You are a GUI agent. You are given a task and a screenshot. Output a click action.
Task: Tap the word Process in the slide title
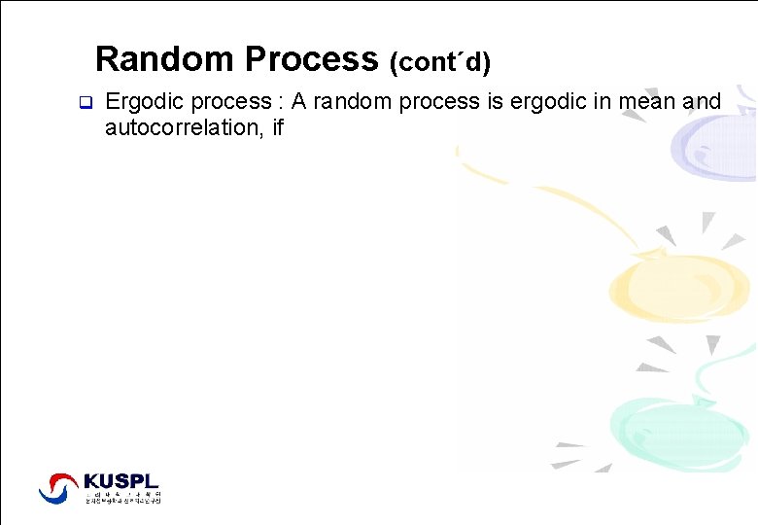click(311, 59)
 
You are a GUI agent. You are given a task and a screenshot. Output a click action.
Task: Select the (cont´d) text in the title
click(439, 63)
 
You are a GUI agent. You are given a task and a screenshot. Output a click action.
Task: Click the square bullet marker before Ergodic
click(84, 102)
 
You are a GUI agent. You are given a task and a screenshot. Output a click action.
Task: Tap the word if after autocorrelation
click(277, 127)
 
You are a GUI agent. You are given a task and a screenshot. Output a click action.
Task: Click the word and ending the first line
click(702, 102)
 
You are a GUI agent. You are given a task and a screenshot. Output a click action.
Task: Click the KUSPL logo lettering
click(121, 480)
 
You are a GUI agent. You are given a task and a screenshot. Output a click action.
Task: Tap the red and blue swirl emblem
click(58, 488)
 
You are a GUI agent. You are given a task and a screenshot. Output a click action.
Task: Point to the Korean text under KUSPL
click(121, 497)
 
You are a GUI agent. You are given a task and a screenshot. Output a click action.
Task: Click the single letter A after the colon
click(314, 102)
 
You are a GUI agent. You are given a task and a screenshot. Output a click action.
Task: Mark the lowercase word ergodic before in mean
click(549, 102)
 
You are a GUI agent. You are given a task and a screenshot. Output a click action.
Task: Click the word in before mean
click(606, 102)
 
